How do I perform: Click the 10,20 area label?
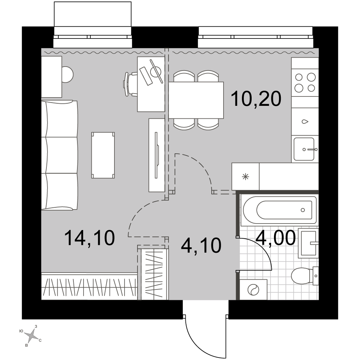tap(256, 99)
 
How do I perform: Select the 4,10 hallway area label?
tap(201, 245)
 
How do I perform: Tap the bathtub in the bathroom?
tap(279, 210)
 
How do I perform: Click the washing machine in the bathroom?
tap(253, 289)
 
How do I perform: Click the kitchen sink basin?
tap(304, 149)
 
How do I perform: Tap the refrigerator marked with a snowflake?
tap(246, 176)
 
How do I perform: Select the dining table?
tap(196, 100)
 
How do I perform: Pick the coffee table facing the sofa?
tap(103, 155)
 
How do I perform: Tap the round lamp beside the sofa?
tap(67, 74)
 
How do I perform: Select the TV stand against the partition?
tap(157, 155)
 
